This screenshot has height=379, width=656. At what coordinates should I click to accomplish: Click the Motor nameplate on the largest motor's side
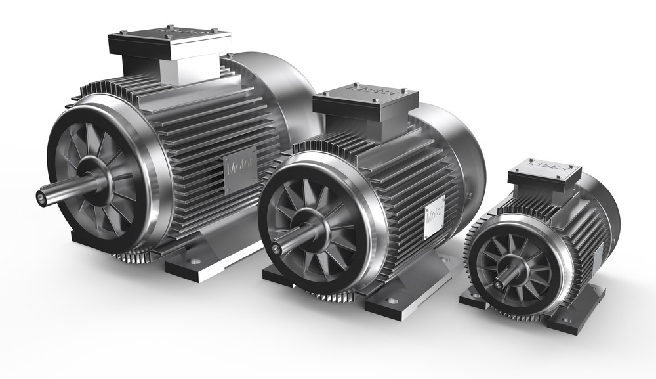point(235,172)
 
